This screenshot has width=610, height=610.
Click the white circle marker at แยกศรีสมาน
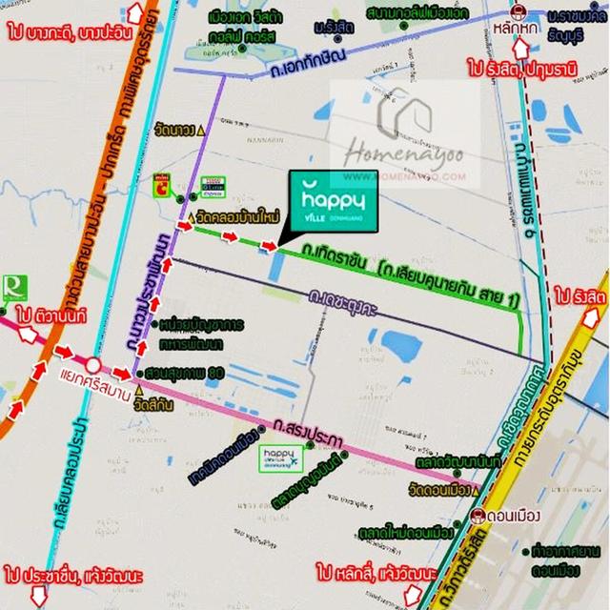(x=92, y=365)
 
